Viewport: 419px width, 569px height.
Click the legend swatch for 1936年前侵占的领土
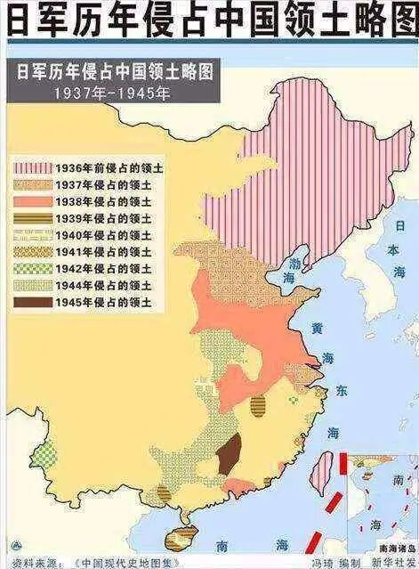[x=32, y=167]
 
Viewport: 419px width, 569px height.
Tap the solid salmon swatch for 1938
[x=32, y=201]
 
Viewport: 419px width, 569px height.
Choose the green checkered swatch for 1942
[x=32, y=269]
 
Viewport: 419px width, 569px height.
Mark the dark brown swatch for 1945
[x=32, y=303]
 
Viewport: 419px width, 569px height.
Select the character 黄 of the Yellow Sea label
[x=318, y=329]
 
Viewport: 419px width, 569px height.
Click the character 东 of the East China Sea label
[x=342, y=390]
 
